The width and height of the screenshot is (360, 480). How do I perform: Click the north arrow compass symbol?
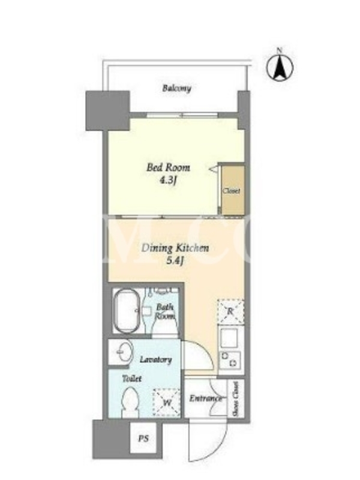(x=280, y=67)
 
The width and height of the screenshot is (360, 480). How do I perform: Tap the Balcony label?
(x=176, y=88)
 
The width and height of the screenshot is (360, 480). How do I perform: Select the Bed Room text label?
(x=168, y=167)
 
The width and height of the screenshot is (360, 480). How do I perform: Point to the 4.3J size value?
(x=168, y=181)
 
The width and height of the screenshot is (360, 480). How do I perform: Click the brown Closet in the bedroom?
(x=233, y=190)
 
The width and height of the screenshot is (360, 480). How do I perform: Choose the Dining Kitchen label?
(x=175, y=248)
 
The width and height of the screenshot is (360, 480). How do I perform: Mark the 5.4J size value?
(x=175, y=261)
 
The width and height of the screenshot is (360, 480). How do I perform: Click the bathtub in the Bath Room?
(x=127, y=311)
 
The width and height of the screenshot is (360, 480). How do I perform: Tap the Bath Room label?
(x=164, y=311)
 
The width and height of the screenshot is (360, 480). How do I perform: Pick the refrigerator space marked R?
(x=230, y=311)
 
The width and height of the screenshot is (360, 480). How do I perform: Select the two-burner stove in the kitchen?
(x=230, y=359)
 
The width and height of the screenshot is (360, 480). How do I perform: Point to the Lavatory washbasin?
(x=125, y=352)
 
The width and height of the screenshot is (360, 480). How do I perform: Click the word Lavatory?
(x=155, y=359)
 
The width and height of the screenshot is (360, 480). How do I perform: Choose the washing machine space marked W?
(x=167, y=402)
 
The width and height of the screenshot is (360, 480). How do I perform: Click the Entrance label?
(x=205, y=398)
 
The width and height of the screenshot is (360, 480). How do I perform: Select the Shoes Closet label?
(x=236, y=399)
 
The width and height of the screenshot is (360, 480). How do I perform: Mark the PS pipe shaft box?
(x=143, y=438)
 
